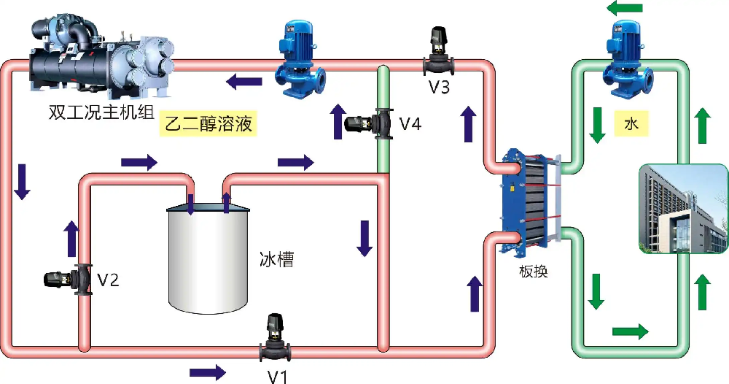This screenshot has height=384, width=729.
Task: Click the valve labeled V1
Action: pyautogui.click(x=276, y=339)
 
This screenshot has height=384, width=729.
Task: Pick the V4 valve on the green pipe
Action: pyautogui.click(x=369, y=123)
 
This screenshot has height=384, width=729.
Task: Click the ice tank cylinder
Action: pyautogui.click(x=208, y=258)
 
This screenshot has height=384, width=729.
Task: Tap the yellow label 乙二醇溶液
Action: pyautogui.click(x=208, y=123)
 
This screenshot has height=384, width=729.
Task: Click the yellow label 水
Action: pyautogui.click(x=631, y=123)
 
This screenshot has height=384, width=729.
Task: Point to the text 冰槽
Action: pyautogui.click(x=276, y=259)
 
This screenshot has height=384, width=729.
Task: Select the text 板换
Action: pyautogui.click(x=534, y=272)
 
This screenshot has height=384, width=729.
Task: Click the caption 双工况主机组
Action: pyautogui.click(x=101, y=112)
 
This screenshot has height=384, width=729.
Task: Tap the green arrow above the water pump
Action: pyautogui.click(x=625, y=8)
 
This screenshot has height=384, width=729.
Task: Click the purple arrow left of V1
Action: pyautogui.click(x=208, y=372)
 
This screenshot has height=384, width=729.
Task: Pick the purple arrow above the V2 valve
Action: pyautogui.click(x=71, y=238)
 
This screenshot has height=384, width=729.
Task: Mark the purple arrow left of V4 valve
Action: pyautogui.click(x=338, y=121)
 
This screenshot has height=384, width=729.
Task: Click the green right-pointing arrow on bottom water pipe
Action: pyautogui.click(x=631, y=331)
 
